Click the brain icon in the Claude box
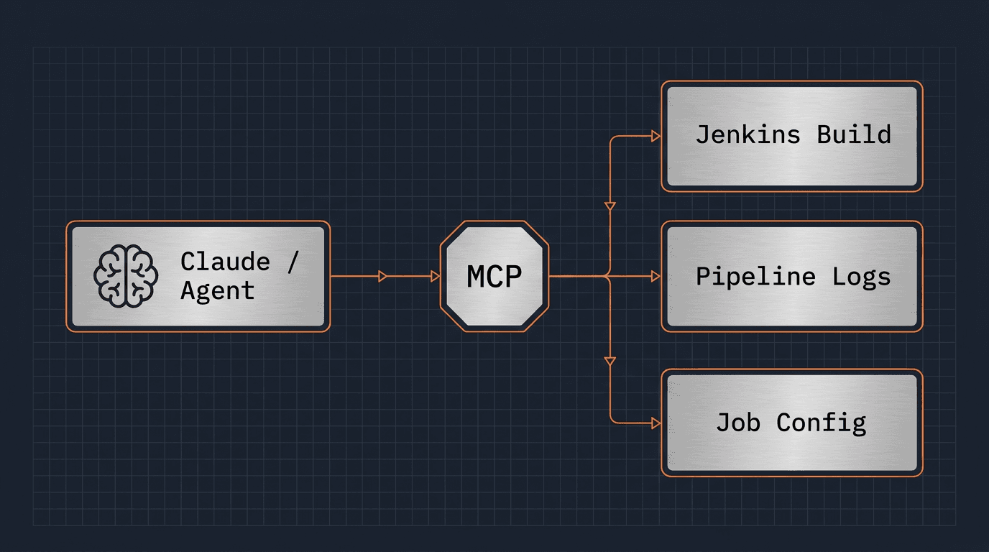(x=126, y=276)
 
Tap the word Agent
(x=217, y=291)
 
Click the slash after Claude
(x=291, y=262)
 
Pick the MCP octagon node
(x=494, y=276)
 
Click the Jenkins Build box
(x=791, y=136)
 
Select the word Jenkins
(x=747, y=135)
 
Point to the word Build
(x=853, y=135)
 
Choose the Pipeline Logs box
(x=791, y=276)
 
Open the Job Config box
(x=791, y=423)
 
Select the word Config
(x=821, y=423)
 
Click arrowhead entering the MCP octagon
(x=435, y=276)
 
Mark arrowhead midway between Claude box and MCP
(x=383, y=276)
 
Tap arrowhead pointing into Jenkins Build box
(x=655, y=136)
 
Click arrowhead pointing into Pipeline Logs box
(x=655, y=276)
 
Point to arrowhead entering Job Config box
(x=655, y=423)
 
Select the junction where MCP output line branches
(x=609, y=276)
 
